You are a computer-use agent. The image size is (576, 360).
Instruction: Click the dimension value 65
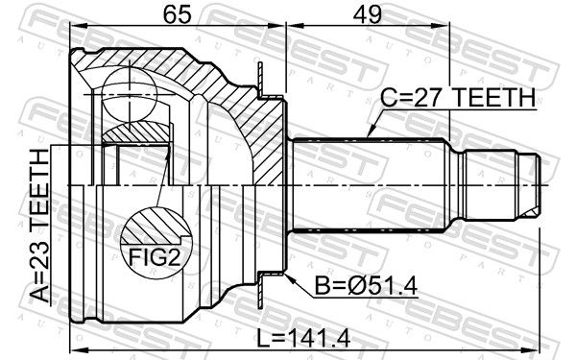177,14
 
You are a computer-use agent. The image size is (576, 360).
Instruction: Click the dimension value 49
367,14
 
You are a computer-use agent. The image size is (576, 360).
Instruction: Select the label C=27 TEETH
457,97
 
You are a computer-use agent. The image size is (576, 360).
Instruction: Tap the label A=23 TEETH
40,226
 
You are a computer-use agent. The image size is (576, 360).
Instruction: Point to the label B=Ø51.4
366,286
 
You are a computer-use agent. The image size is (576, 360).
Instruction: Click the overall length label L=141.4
303,338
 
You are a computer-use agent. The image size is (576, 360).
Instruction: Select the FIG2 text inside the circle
155,257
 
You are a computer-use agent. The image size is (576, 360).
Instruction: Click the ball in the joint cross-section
130,94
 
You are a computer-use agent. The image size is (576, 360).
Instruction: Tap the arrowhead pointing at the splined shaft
372,130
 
